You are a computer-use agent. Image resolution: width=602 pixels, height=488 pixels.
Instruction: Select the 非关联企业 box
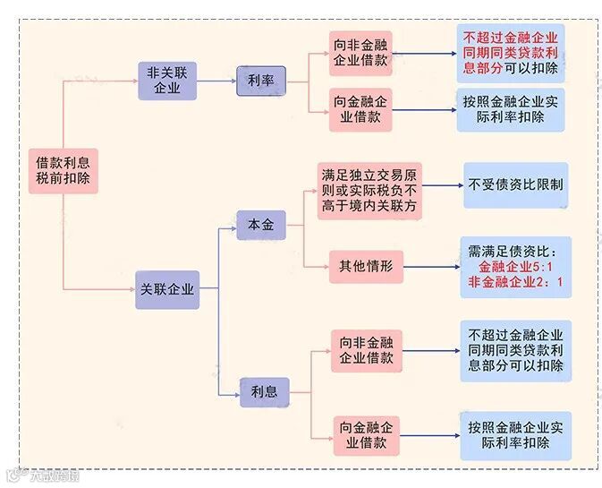pos(167,80)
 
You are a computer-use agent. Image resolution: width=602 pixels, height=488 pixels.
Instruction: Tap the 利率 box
pos(261,81)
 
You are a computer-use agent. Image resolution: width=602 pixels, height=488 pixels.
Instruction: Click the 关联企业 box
pos(167,289)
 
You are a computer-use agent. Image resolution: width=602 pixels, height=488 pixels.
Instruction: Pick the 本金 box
pos(261,225)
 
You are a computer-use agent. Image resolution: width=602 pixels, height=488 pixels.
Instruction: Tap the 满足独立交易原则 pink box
pos(370,191)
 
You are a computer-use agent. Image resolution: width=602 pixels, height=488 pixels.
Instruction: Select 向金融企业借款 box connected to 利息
pos(367,434)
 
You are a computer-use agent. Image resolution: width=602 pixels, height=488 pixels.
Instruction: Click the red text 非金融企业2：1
pos(516,283)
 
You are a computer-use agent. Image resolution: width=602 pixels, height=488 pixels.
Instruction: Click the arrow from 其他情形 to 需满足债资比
pos(429,266)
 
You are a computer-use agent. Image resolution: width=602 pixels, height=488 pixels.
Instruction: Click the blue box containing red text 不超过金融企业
pos(511,53)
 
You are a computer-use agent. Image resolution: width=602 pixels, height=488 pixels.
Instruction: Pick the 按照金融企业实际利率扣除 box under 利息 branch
pos(515,434)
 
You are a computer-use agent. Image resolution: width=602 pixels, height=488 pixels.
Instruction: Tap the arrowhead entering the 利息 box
pos(234,392)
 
